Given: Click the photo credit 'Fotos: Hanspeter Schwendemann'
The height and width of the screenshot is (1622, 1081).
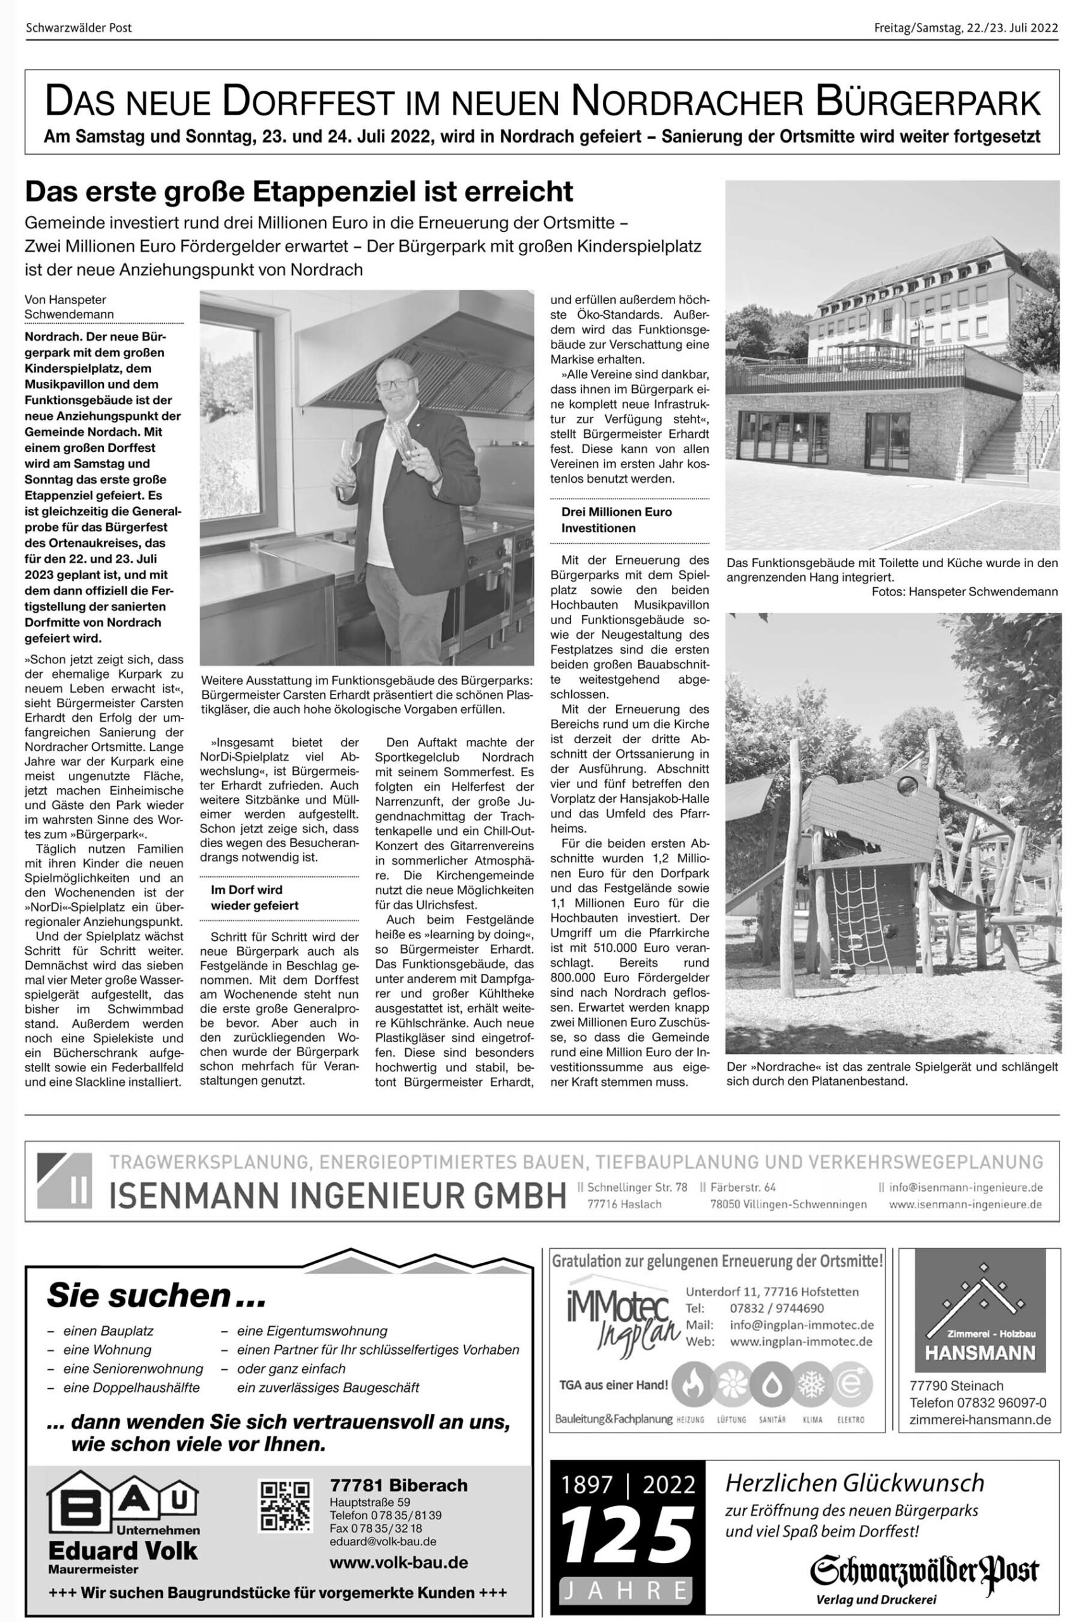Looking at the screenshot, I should (x=964, y=592).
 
